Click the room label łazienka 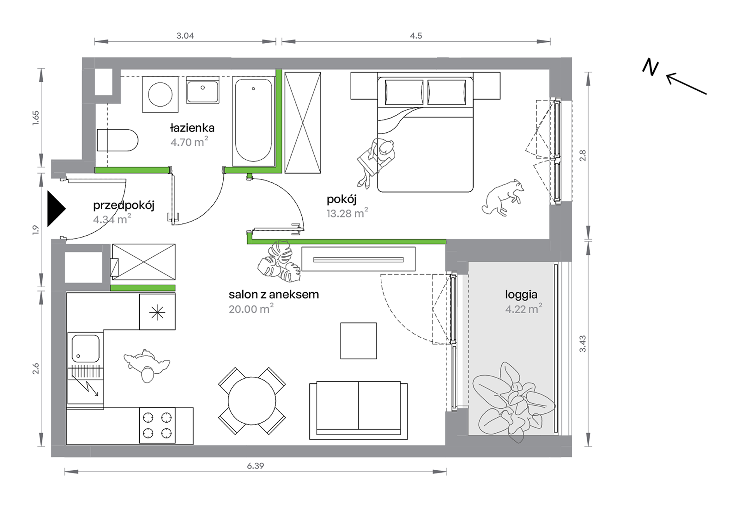(192, 128)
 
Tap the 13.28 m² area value (347, 213)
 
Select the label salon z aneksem (274, 294)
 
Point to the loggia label (521, 295)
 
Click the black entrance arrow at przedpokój (56, 209)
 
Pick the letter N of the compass (650, 67)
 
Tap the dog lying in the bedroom (503, 197)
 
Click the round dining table (252, 401)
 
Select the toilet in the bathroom (117, 140)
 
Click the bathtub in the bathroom (254, 121)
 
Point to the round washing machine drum (160, 94)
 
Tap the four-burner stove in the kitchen (157, 425)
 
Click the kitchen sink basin (86, 348)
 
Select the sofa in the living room (359, 410)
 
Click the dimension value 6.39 (256, 466)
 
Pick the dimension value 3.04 (185, 36)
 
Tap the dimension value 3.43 (583, 344)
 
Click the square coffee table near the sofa (359, 341)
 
